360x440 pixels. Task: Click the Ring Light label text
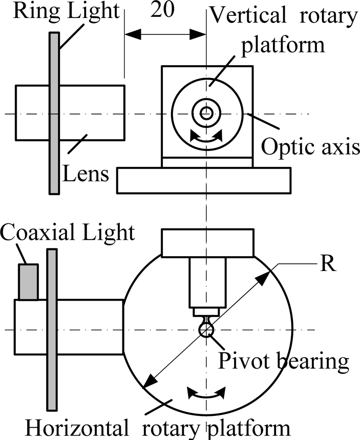pos(66,11)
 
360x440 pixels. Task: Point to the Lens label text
pos(85,174)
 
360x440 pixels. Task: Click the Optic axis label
pos(310,148)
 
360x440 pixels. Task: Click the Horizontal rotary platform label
pos(158,428)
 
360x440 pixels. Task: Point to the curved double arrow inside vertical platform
pos(206,138)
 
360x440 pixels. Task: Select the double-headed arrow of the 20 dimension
pos(165,34)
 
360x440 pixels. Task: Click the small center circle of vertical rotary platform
pos(205,114)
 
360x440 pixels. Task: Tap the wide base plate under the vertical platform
pos(203,180)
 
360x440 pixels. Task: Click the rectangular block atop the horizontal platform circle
pos(208,243)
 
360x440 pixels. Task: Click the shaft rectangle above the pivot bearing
pos(208,282)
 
